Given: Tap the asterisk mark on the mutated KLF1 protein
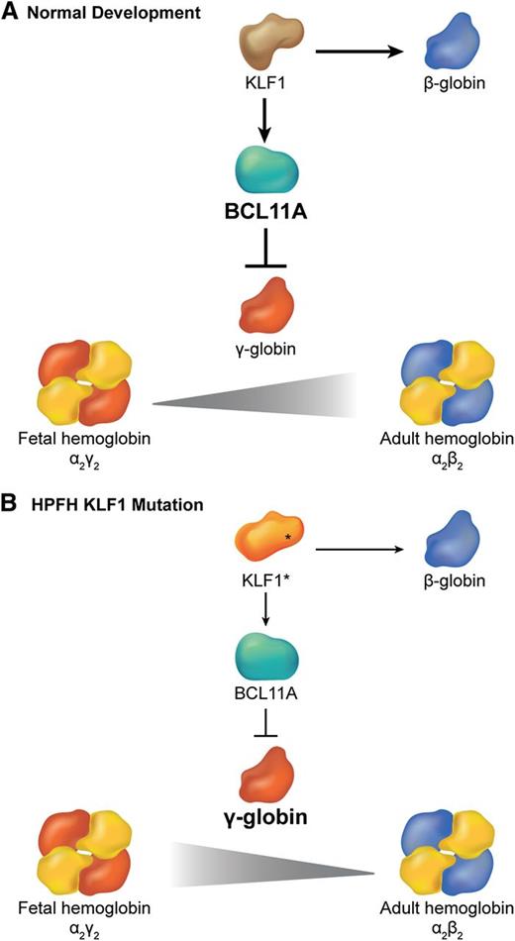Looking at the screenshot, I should tap(288, 535).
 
